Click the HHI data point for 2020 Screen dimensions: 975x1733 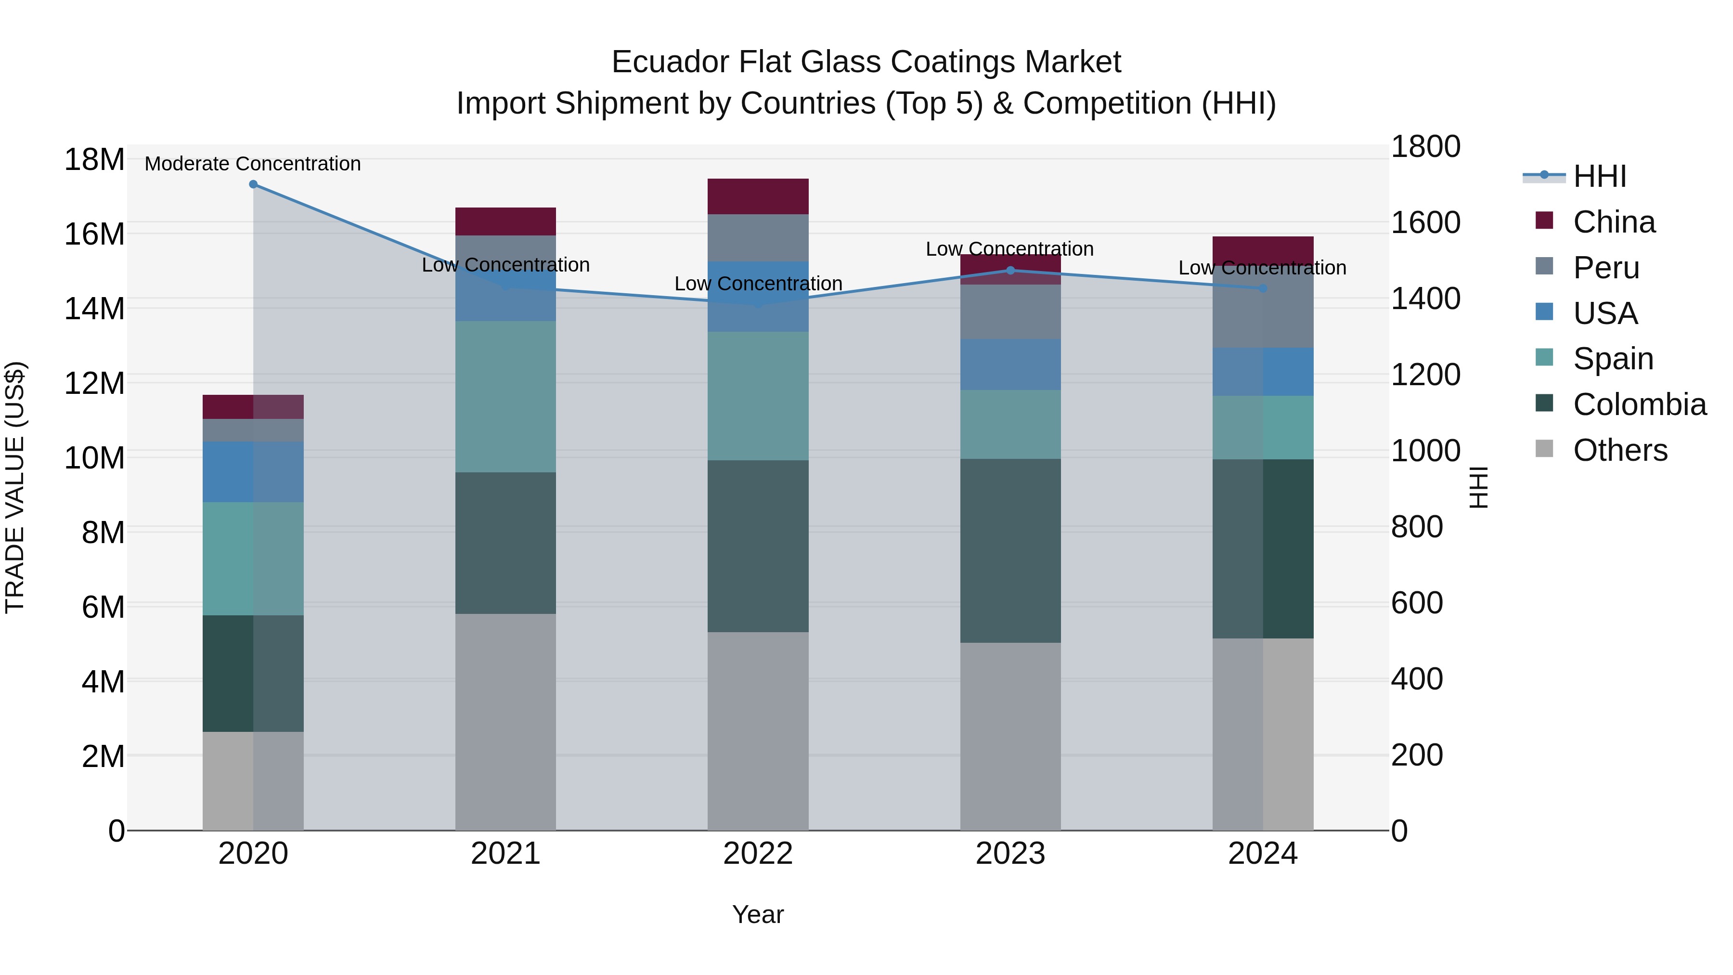pos(253,184)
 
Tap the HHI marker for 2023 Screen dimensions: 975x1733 pos(1010,271)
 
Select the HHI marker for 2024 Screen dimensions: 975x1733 pos(1263,288)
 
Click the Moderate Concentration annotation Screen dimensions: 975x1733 pos(252,164)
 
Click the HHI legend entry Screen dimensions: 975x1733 pos(1599,176)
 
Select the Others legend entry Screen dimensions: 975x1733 pos(1619,450)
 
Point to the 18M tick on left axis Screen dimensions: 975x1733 pos(94,160)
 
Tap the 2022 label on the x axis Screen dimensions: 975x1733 pos(758,854)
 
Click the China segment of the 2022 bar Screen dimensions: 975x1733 pos(758,196)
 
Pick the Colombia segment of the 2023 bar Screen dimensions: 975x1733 pos(1010,550)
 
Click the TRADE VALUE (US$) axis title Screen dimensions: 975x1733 pos(15,487)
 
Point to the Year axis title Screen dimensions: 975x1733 pos(758,914)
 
